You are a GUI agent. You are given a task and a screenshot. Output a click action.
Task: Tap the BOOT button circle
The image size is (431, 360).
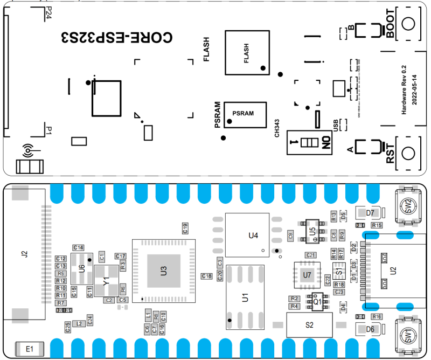pyautogui.click(x=408, y=25)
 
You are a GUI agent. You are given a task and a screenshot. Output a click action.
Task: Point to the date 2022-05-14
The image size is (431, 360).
pyautogui.click(x=414, y=86)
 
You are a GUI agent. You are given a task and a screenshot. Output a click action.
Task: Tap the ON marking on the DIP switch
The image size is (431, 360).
pyautogui.click(x=325, y=143)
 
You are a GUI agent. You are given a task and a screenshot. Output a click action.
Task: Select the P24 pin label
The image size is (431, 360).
pyautogui.click(x=48, y=13)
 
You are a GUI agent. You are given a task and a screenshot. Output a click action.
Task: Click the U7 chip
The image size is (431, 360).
pyautogui.click(x=307, y=275)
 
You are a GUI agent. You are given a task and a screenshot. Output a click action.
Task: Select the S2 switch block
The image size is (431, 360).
pyautogui.click(x=309, y=325)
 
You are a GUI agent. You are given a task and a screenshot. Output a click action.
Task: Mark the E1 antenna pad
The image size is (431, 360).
pyautogui.click(x=29, y=349)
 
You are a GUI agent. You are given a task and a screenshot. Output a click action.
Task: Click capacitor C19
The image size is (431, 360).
pyautogui.click(x=185, y=227)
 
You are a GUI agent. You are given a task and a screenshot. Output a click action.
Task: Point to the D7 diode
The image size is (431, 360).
pyautogui.click(x=370, y=213)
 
